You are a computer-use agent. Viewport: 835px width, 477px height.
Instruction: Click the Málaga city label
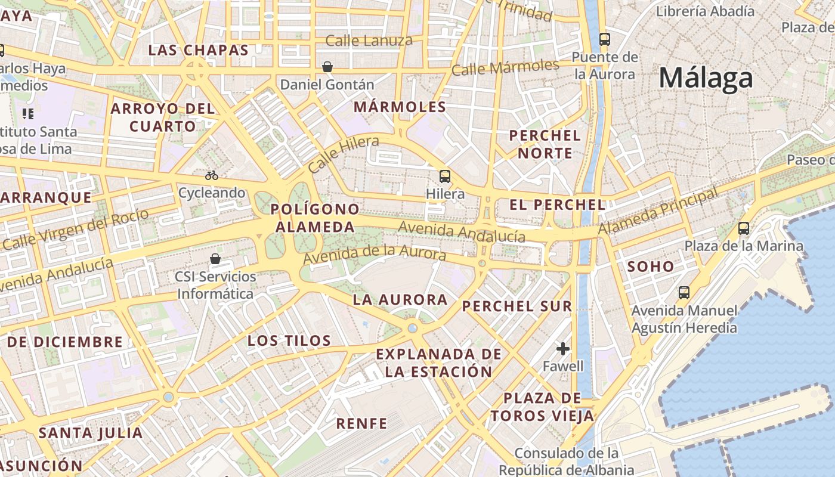point(706,79)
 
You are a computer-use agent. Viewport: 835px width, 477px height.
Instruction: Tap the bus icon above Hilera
point(445,176)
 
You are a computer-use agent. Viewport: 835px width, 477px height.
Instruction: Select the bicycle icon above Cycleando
point(212,175)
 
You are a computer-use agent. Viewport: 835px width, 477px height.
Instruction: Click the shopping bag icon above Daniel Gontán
point(327,66)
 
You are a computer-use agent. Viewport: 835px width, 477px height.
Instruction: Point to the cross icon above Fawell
point(562,348)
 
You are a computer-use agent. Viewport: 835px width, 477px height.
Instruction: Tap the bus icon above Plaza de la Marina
point(744,228)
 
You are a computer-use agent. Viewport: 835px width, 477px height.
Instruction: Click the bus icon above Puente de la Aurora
point(605,39)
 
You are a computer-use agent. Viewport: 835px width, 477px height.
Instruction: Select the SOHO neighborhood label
point(650,267)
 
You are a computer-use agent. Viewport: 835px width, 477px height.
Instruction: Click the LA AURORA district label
point(400,299)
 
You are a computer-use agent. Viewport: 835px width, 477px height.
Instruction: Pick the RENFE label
point(361,423)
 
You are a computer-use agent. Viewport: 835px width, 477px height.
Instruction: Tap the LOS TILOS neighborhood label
point(289,340)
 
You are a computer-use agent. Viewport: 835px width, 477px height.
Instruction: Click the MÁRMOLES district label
point(400,107)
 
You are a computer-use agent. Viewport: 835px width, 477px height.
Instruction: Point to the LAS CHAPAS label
point(198,50)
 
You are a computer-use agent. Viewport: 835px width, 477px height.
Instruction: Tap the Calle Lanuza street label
point(369,41)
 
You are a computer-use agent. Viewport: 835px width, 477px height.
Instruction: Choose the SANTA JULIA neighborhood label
point(91,433)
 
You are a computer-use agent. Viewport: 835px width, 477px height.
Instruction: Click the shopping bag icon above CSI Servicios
point(215,259)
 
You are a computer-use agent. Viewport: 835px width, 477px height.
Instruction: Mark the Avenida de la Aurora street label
point(375,254)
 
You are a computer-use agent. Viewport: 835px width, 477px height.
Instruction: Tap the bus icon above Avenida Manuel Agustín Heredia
point(684,293)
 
